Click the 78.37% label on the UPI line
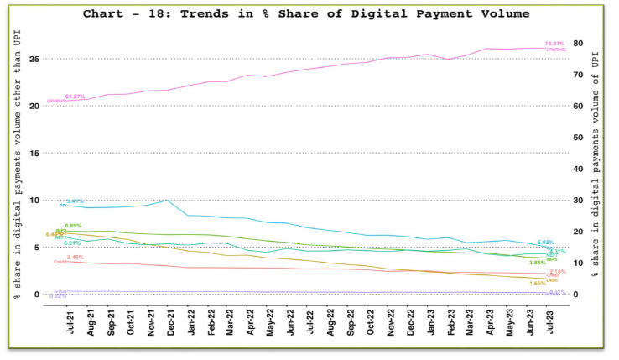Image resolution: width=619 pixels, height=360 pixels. (x=554, y=44)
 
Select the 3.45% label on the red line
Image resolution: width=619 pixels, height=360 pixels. (x=75, y=258)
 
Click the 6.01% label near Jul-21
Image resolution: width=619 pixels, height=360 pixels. (x=72, y=243)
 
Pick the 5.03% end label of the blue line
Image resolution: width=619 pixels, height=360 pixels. (x=546, y=243)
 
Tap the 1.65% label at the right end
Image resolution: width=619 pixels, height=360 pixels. (x=538, y=283)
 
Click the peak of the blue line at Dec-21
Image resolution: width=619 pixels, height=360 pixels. (x=169, y=200)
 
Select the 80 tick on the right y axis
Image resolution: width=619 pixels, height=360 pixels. (x=578, y=43)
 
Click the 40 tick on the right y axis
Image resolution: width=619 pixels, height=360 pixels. (x=578, y=169)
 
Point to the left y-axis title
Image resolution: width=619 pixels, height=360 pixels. (x=16, y=168)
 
